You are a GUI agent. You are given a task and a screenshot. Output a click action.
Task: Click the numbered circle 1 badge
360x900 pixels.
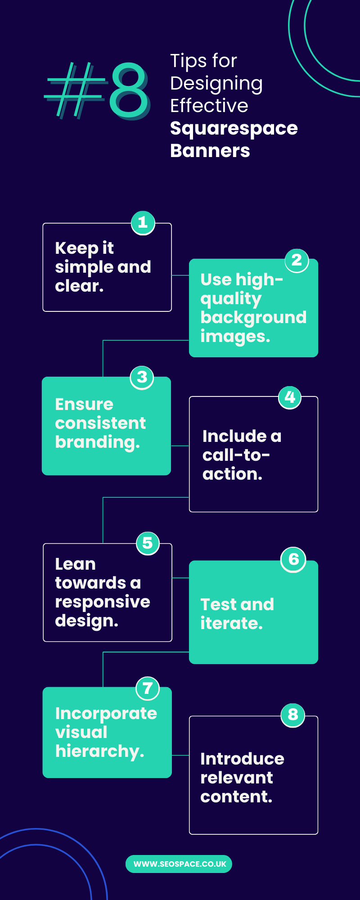tap(143, 223)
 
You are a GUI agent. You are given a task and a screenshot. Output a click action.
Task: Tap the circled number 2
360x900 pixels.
tap(297, 261)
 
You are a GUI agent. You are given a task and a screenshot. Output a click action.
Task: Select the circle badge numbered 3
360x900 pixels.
tap(142, 378)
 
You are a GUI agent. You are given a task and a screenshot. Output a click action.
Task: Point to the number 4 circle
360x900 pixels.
tap(290, 397)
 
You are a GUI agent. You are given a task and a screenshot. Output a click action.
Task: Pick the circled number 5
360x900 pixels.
tap(148, 544)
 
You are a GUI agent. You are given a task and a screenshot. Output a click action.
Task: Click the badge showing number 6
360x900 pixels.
tap(293, 560)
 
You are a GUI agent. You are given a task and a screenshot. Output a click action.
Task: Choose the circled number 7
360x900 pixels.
tap(148, 688)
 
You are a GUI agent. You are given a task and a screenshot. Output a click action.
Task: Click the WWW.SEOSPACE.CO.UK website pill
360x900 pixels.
tap(179, 864)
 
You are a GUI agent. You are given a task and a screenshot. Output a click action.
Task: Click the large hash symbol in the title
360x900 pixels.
tap(76, 90)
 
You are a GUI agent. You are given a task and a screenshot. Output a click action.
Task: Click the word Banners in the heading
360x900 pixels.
tap(210, 151)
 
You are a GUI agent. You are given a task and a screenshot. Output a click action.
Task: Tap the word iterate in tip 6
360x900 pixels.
tap(232, 623)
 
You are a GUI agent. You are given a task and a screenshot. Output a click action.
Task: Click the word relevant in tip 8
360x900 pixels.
tap(237, 778)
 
